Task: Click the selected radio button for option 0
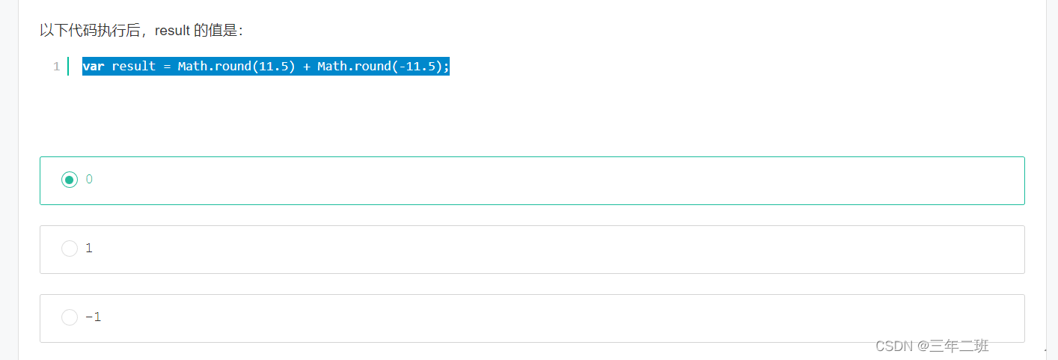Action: tap(70, 180)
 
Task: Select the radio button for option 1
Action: tap(70, 248)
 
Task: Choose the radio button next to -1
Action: tap(70, 317)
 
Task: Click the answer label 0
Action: tap(89, 180)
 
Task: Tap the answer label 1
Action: tap(89, 248)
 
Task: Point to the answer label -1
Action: tap(93, 317)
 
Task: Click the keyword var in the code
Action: tap(94, 67)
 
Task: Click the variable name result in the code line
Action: tap(134, 67)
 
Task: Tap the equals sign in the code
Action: tap(167, 67)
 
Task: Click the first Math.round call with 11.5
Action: tap(236, 67)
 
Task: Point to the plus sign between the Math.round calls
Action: tap(307, 67)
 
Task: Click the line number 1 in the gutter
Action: tap(56, 67)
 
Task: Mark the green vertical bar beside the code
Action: tap(68, 67)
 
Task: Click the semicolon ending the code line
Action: tap(446, 67)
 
